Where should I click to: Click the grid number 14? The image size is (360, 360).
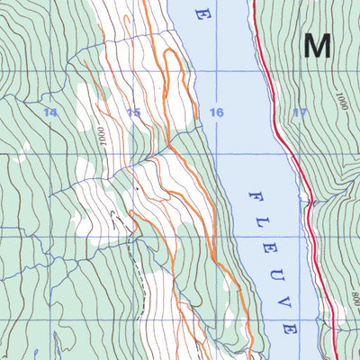click(x=49, y=112)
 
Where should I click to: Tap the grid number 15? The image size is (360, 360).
click(x=133, y=112)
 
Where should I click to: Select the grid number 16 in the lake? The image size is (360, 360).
click(x=216, y=112)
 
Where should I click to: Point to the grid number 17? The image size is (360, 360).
click(x=300, y=112)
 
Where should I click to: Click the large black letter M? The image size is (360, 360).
click(x=317, y=45)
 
